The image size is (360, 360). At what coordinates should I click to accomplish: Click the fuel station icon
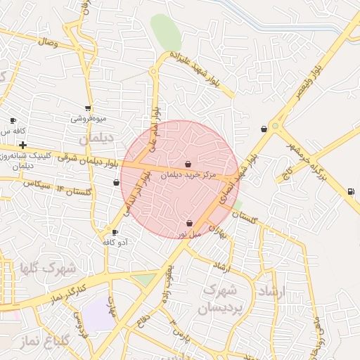point(350,192)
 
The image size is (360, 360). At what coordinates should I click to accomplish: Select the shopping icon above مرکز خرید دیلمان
point(188,164)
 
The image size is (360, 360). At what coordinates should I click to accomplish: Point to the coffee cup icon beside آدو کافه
point(115,232)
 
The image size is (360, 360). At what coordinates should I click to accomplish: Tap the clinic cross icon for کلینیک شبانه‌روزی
point(23,144)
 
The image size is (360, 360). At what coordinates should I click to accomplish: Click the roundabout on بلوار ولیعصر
point(276,127)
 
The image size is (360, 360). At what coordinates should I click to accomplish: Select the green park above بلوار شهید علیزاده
point(166,32)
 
